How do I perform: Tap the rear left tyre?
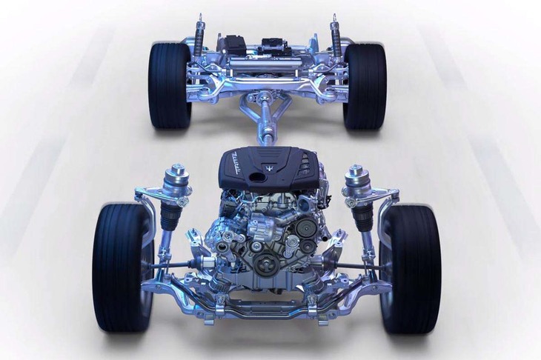pos(169,85)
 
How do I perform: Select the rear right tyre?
pos(365,85)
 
